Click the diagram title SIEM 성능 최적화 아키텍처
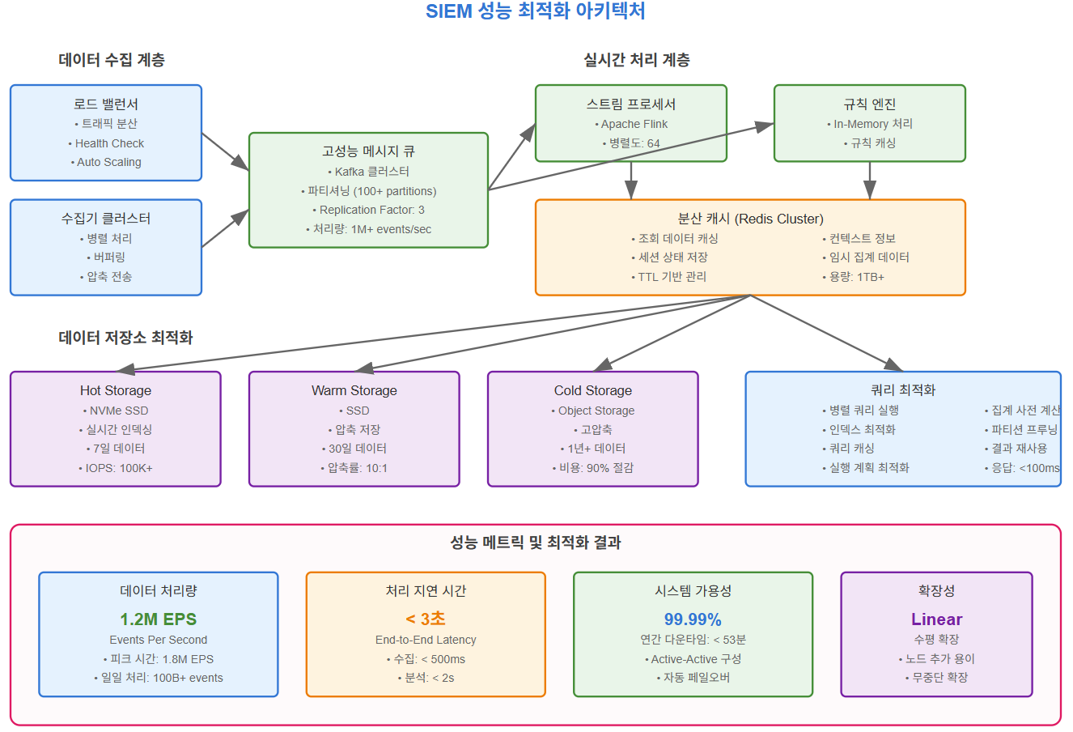tap(535, 11)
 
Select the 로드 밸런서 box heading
tap(106, 104)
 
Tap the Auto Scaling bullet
tap(106, 162)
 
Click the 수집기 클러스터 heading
tap(106, 219)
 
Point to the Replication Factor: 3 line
tap(368, 210)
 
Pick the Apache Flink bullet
tap(631, 124)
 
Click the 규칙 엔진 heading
tap(870, 104)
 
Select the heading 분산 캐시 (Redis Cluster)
tap(750, 219)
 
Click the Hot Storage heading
tap(116, 390)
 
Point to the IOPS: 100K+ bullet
tap(116, 468)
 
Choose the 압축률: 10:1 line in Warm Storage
tap(354, 468)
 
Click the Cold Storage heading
tap(593, 390)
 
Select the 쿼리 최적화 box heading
tap(903, 390)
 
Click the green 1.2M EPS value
tap(159, 619)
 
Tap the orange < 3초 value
tap(426, 619)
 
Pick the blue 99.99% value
tap(693, 619)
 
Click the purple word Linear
tap(936, 619)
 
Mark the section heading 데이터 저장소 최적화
tap(125, 338)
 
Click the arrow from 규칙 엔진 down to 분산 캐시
tap(870, 180)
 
